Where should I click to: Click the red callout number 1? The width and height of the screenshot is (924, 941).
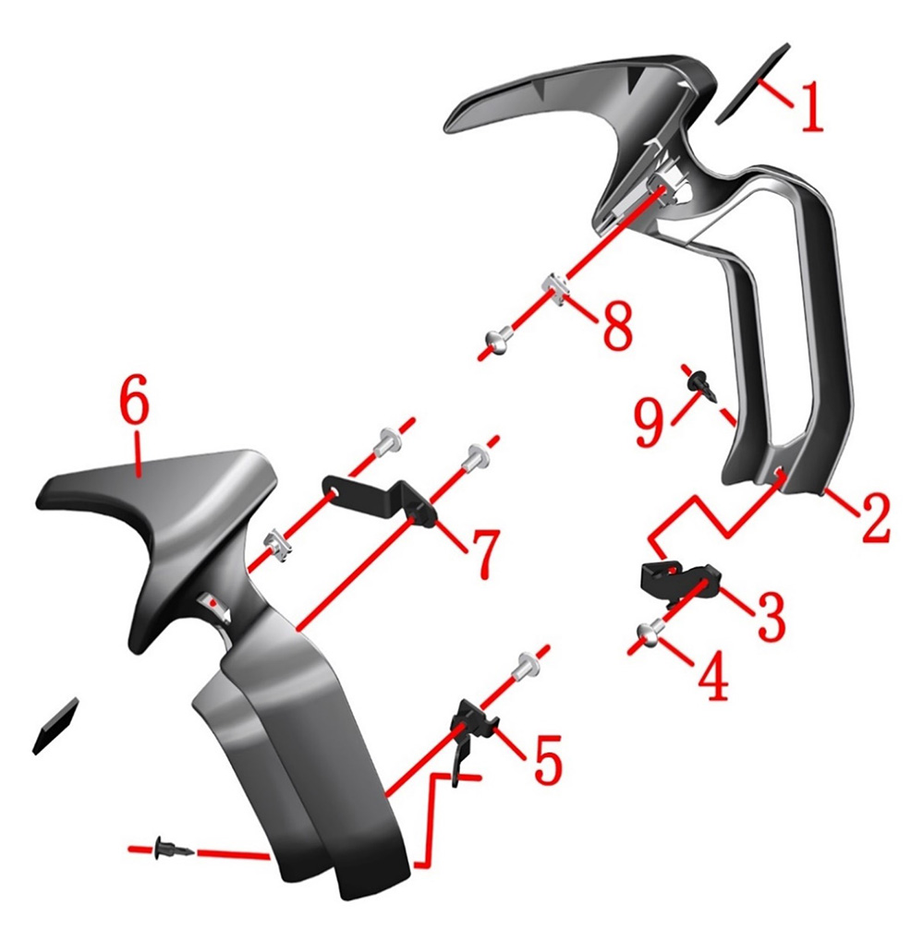[x=811, y=107]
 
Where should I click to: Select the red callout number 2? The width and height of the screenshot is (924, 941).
[x=874, y=517]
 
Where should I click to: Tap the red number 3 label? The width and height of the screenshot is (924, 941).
[x=771, y=614]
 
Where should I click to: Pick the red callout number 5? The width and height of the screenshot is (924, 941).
[x=548, y=758]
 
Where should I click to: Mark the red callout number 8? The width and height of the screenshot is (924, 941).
[x=617, y=326]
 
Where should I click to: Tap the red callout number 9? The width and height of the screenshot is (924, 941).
[x=650, y=423]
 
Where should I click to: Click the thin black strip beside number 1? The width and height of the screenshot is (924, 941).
[x=753, y=83]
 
